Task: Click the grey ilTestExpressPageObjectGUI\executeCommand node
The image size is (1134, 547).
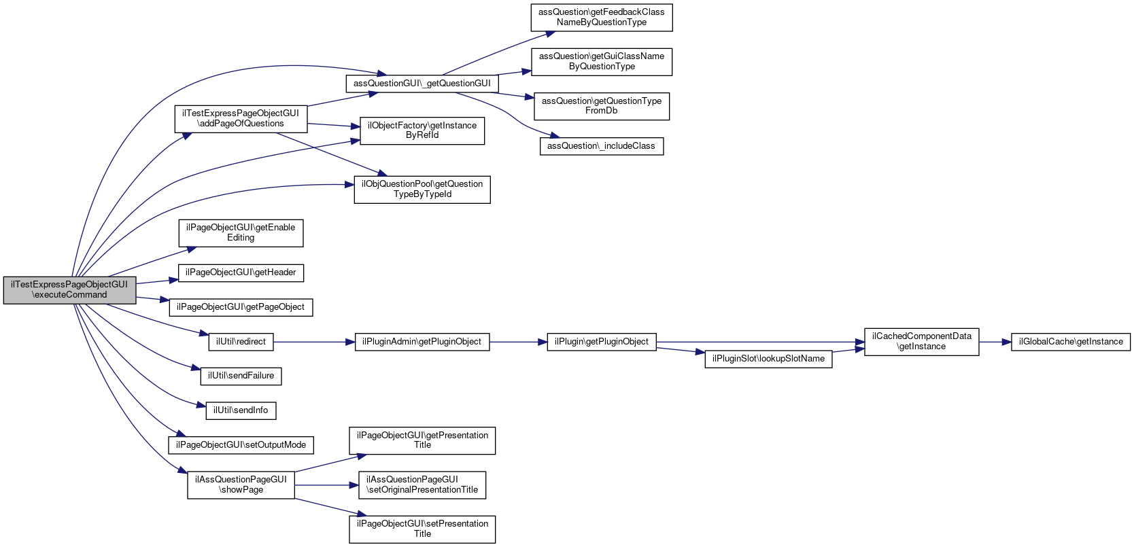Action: [69, 290]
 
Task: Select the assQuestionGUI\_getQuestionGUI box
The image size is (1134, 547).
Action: [422, 84]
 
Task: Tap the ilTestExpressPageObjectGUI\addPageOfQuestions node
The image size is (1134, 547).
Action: [241, 119]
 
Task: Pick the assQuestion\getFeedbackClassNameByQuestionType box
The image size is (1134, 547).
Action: [602, 18]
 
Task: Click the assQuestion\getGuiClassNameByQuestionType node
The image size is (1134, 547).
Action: [602, 62]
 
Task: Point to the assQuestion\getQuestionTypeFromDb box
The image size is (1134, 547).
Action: [602, 106]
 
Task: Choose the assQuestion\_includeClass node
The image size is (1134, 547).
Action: [602, 146]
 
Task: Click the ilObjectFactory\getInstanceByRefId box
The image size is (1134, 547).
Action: [422, 130]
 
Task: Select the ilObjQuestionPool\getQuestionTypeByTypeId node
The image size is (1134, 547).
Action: [422, 190]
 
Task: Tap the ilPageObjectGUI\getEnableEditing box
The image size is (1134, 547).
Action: [241, 233]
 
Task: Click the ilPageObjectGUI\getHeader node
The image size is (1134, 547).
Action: [241, 272]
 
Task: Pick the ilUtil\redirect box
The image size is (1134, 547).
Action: [241, 342]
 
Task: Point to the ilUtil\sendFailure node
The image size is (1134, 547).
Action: [241, 376]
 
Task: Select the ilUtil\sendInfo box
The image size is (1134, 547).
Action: [241, 410]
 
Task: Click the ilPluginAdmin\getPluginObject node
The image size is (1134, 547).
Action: [422, 342]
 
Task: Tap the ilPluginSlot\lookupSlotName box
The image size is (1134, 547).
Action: [768, 359]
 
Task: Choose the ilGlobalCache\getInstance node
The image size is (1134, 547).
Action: [1071, 342]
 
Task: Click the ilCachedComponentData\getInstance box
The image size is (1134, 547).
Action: [921, 342]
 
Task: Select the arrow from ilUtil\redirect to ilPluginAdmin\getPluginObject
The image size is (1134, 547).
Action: [314, 342]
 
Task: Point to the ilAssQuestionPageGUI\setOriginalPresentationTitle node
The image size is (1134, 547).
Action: [422, 485]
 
